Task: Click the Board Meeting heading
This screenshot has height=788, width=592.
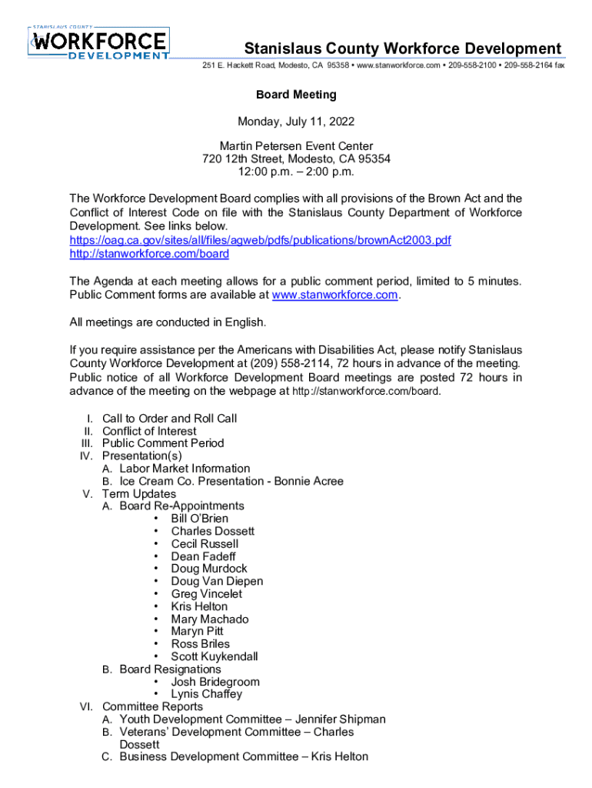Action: click(x=296, y=95)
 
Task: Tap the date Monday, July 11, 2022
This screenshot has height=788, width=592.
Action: click(x=296, y=121)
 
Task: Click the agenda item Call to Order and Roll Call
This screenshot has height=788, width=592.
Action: click(x=169, y=419)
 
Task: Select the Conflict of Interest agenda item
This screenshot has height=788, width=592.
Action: click(x=149, y=431)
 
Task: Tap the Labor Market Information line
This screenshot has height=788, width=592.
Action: click(x=185, y=469)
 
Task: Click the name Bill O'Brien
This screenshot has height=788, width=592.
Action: click(x=199, y=519)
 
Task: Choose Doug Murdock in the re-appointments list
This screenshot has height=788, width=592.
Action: click(x=209, y=569)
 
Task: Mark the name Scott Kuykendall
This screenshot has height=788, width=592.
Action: click(x=215, y=656)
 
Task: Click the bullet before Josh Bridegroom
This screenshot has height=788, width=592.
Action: click(x=156, y=682)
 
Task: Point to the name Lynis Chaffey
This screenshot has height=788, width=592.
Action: click(x=206, y=694)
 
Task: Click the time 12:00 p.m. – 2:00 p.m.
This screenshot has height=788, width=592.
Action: click(x=296, y=172)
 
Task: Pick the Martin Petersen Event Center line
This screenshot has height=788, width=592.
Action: click(x=296, y=146)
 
